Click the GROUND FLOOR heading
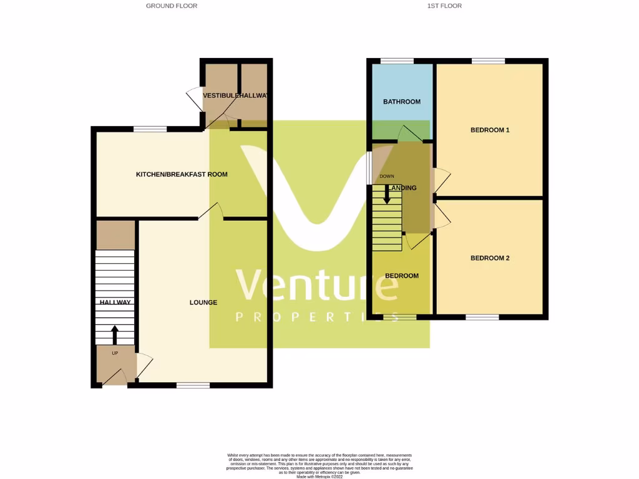(172, 6)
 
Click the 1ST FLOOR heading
(444, 6)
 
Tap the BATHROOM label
(402, 102)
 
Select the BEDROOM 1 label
(490, 130)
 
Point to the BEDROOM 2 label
(490, 258)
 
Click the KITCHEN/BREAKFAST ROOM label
(182, 175)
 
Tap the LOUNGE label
(203, 302)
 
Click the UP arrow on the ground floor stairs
(114, 334)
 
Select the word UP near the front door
(115, 354)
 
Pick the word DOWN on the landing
(387, 177)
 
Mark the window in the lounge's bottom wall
(193, 385)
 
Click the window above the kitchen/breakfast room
(150, 129)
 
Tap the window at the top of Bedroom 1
(488, 61)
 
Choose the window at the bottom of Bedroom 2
(482, 317)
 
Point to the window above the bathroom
(397, 61)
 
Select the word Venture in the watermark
(317, 286)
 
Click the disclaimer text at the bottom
(319, 464)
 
